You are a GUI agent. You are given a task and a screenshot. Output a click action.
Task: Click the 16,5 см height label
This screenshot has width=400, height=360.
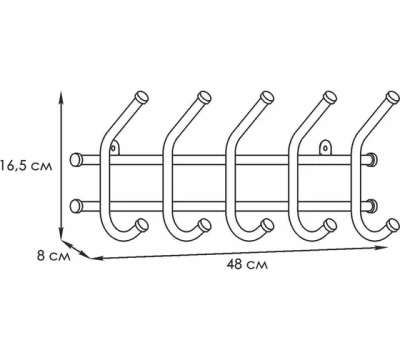click(x=26, y=166)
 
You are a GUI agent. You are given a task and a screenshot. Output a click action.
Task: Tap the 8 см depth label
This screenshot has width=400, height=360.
click(x=53, y=256)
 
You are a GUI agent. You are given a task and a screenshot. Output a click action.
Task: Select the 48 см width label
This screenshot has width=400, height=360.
click(x=247, y=265)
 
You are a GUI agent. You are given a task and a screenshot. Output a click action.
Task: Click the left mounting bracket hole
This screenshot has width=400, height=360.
click(x=114, y=147)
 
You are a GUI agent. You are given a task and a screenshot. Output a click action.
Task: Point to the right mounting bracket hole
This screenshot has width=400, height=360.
click(x=326, y=147)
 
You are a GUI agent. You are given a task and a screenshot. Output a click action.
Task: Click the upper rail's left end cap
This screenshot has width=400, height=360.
click(x=75, y=160)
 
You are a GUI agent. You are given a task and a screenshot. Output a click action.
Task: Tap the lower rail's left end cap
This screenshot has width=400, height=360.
click(x=75, y=206)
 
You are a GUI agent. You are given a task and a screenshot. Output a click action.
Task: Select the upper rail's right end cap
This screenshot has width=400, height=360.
click(x=372, y=160)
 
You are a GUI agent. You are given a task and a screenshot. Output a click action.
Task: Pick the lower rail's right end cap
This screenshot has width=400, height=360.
click(x=372, y=206)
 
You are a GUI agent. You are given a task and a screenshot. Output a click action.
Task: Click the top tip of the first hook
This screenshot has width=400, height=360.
click(x=142, y=97)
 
